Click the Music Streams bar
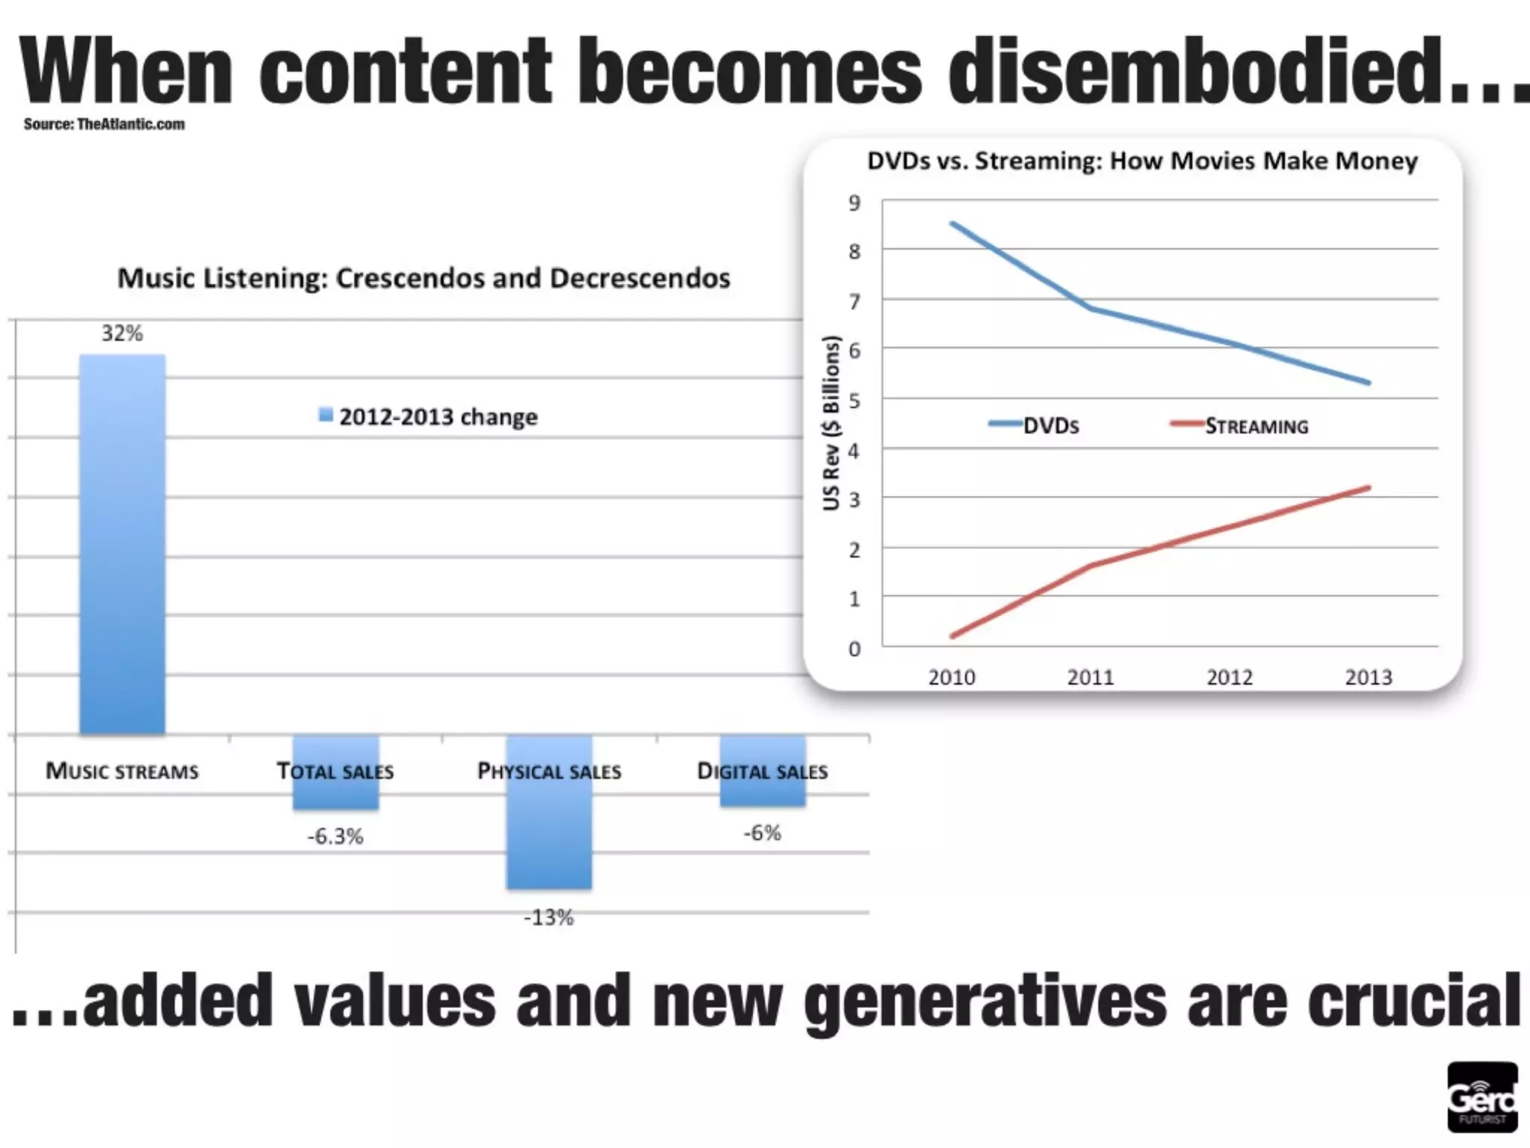(x=123, y=544)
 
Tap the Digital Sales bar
(x=763, y=771)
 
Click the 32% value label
(x=122, y=333)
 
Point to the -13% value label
(x=549, y=917)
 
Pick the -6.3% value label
(x=335, y=836)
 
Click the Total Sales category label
(x=335, y=771)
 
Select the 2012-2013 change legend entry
(x=429, y=416)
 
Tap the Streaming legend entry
(x=1240, y=426)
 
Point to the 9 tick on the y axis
(x=855, y=203)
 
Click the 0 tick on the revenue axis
(x=855, y=649)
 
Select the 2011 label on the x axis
(x=1090, y=677)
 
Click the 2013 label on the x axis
(x=1368, y=677)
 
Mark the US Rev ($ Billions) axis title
(x=831, y=423)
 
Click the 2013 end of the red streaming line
(x=1368, y=488)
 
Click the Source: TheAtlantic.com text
(x=104, y=124)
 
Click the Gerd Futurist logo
(x=1482, y=1097)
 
